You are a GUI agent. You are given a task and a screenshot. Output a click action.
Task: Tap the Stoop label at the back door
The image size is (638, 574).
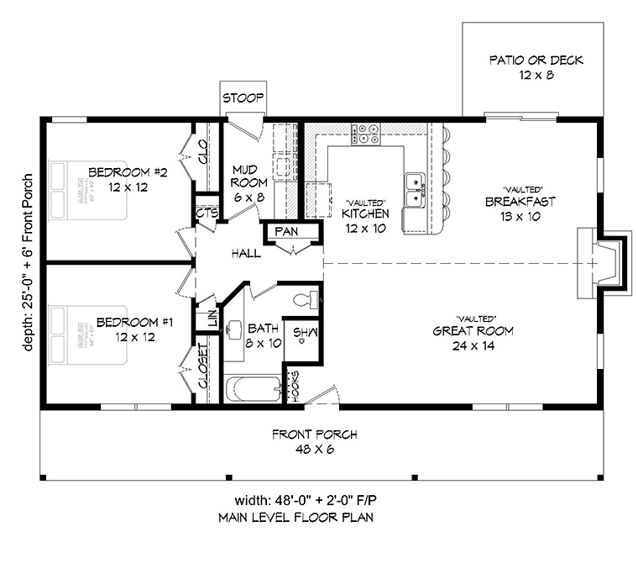coord(243,98)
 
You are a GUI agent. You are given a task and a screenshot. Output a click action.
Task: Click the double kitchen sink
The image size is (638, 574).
coord(414,190)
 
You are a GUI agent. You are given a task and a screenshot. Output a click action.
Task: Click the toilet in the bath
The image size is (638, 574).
coord(308,299)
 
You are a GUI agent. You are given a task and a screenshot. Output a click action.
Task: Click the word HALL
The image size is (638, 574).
coord(245,252)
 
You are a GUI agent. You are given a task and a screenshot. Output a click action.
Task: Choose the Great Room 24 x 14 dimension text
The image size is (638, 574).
coord(484,345)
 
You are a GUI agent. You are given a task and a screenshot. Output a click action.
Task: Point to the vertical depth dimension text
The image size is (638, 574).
coord(28,262)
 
